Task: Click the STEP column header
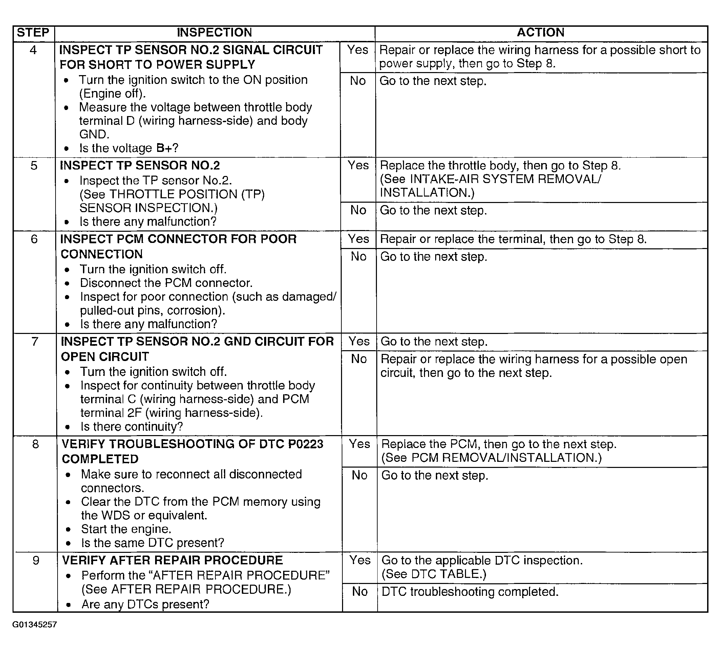(x=33, y=32)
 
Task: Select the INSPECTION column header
(x=214, y=32)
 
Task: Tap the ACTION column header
(x=540, y=32)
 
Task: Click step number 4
(x=33, y=50)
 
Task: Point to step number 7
(x=35, y=341)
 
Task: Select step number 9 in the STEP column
(x=36, y=560)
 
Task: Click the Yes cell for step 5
(x=358, y=165)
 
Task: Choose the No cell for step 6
(x=359, y=256)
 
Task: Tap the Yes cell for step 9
(x=360, y=560)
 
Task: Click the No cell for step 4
(x=358, y=81)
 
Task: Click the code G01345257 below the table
(x=34, y=625)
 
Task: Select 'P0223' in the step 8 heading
(x=305, y=444)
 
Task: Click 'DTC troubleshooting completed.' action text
(x=470, y=592)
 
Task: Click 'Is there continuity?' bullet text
(x=132, y=427)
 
